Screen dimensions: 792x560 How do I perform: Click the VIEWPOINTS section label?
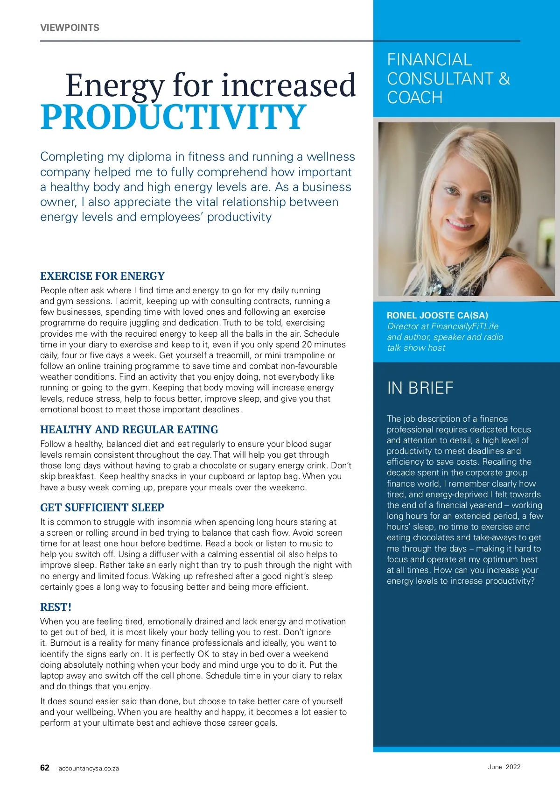[x=70, y=28]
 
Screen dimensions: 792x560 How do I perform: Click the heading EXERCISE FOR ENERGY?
[x=102, y=276]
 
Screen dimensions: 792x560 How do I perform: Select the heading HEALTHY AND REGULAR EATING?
[x=129, y=430]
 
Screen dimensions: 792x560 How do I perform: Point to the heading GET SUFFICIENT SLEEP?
[x=102, y=508]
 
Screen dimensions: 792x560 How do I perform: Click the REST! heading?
[x=56, y=607]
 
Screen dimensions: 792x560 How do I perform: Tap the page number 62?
[x=45, y=768]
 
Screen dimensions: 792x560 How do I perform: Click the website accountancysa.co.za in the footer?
[x=89, y=768]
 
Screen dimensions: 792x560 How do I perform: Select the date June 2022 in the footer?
[x=504, y=767]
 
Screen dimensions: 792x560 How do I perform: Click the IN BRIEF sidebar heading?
[x=420, y=388]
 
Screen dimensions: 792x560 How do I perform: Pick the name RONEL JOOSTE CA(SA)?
[x=437, y=315]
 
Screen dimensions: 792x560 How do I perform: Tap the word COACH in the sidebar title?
[x=414, y=98]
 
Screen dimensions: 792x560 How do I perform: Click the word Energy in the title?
[x=114, y=85]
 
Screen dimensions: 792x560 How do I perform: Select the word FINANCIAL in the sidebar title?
[x=429, y=60]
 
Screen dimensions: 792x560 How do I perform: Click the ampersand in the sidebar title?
[x=504, y=78]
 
